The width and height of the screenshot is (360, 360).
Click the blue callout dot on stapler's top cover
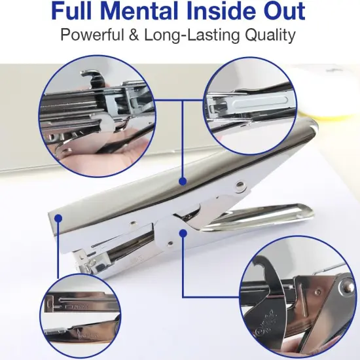[x=183, y=181]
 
